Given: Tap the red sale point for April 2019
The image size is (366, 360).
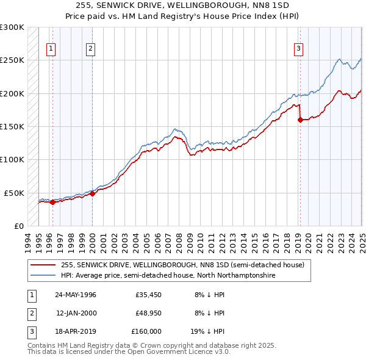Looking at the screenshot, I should pyautogui.click(x=300, y=120).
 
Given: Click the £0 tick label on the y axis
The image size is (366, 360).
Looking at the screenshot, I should pyautogui.click(x=18, y=226).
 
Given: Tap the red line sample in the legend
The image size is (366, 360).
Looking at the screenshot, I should pyautogui.click(x=43, y=265).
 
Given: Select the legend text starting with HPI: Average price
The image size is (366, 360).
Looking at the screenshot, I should pyautogui.click(x=168, y=276).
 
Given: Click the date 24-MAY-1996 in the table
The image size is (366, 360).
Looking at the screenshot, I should pyautogui.click(x=76, y=294).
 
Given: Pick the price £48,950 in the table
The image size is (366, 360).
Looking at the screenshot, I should pyautogui.click(x=148, y=312).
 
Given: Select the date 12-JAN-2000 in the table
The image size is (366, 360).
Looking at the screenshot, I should pyautogui.click(x=76, y=312).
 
